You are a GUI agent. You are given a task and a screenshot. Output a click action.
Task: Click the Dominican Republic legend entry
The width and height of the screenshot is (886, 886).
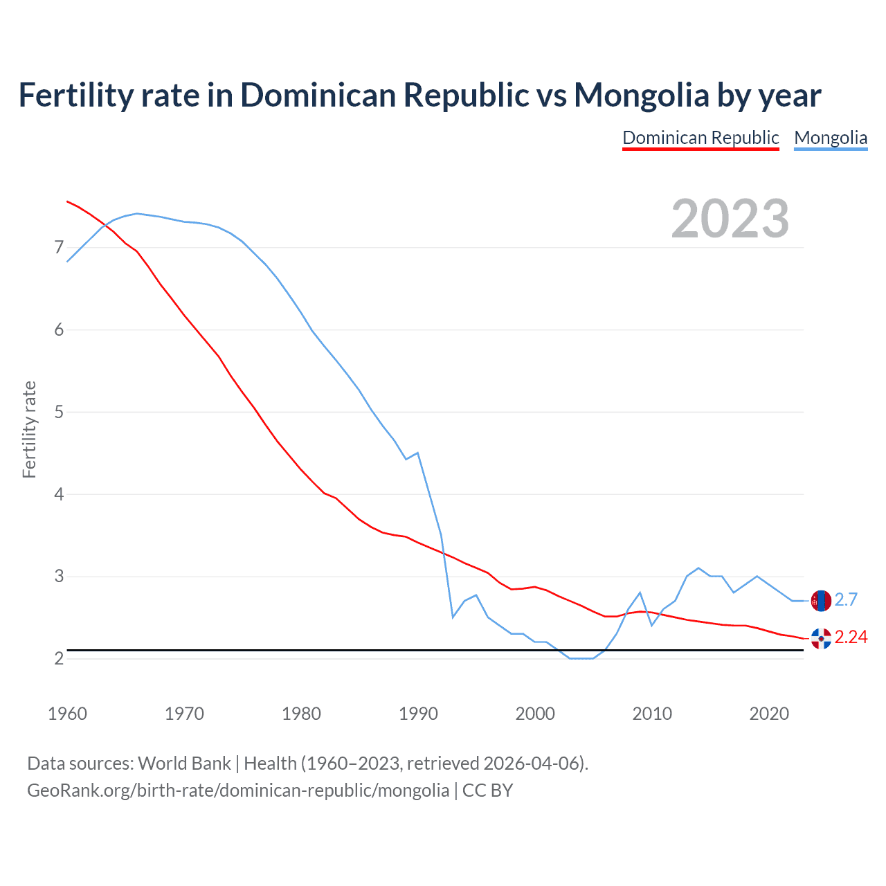point(700,138)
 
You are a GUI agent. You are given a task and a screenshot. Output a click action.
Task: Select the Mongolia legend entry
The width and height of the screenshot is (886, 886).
point(831,138)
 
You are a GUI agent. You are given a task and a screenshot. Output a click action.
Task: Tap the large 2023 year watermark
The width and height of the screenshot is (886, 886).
point(730,219)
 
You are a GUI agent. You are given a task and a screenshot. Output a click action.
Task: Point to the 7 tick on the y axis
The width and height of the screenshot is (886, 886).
point(59,248)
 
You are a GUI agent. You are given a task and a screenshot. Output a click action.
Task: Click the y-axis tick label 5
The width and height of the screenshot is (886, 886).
point(59,413)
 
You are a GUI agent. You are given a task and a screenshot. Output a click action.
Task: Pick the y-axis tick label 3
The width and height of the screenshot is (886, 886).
point(59,577)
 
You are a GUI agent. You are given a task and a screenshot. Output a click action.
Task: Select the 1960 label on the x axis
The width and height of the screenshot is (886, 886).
point(67,714)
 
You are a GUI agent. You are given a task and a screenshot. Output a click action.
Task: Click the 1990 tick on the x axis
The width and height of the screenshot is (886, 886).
point(418,714)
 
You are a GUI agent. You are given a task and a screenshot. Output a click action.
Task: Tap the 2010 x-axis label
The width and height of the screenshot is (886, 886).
point(652,714)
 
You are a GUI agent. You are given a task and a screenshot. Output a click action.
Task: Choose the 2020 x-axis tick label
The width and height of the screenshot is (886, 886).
point(769,714)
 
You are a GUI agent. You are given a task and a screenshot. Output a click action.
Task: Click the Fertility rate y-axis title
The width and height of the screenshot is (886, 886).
point(29,429)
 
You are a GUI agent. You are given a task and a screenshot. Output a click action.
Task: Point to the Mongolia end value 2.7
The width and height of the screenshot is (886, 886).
point(846,599)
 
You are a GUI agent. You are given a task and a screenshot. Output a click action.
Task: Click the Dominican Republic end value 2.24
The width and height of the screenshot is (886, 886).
point(851,637)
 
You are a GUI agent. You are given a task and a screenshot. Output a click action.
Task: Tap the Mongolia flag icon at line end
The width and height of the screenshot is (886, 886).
point(821,601)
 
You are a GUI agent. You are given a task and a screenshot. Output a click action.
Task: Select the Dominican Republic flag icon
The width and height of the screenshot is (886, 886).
point(821,638)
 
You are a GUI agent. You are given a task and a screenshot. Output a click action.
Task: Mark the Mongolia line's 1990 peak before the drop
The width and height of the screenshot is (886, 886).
point(417,453)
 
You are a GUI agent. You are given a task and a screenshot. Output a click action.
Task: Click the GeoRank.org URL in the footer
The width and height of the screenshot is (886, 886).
point(238,790)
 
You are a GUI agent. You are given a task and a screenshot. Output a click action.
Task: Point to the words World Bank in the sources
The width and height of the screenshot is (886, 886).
point(184,763)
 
